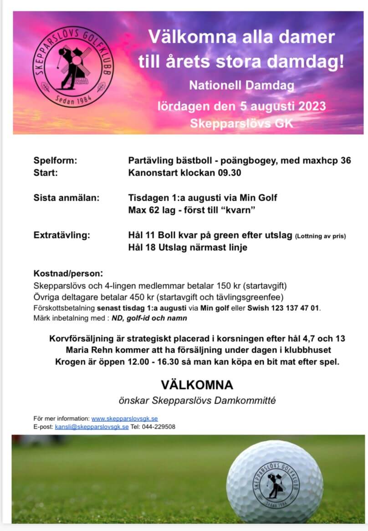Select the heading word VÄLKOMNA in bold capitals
pos(197,385)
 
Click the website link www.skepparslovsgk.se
pos(125,419)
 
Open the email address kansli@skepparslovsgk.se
pos(92,427)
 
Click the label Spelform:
pos(56,161)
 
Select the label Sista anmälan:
pos(66,198)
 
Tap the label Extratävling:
pos(62,235)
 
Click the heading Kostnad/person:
pos(68,274)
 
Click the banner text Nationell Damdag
pos(242,85)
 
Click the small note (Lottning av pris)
pos(321,236)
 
